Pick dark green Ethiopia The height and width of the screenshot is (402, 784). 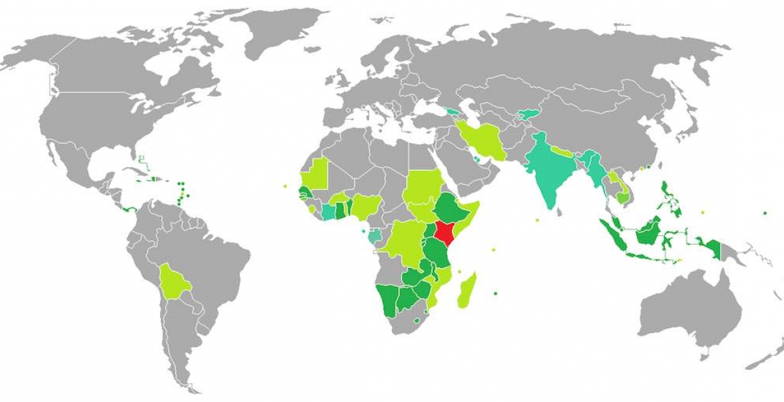pyautogui.click(x=450, y=207)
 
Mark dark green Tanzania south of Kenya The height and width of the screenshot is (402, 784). pyautogui.click(x=440, y=257)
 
